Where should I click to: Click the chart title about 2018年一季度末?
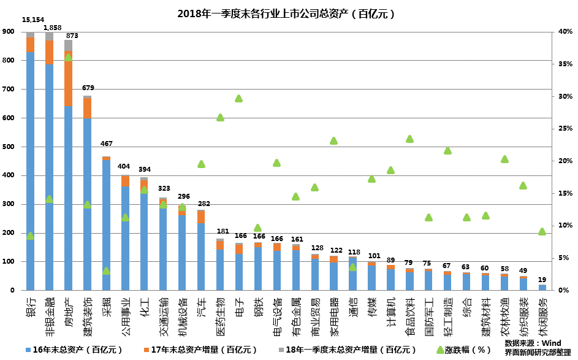(286, 13)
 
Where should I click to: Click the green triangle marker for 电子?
(239, 98)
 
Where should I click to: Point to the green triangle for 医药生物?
(220, 117)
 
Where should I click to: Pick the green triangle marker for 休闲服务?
(542, 231)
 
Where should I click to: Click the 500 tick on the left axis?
(9, 147)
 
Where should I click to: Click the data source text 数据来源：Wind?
(533, 343)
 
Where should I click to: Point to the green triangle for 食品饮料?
(409, 139)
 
